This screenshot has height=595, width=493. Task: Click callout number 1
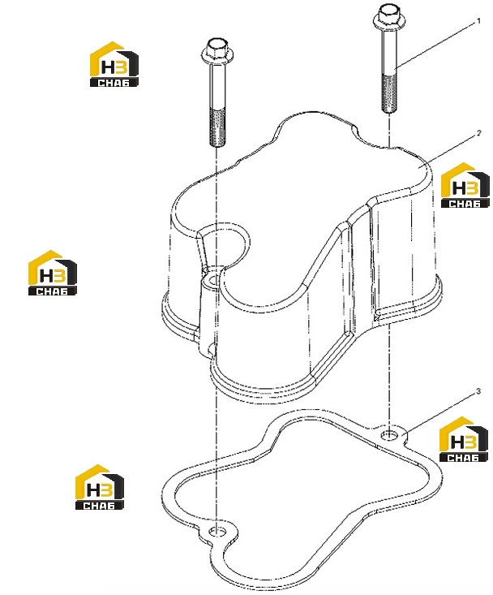(478, 21)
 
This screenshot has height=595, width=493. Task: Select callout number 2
(479, 133)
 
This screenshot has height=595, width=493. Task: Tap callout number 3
(478, 391)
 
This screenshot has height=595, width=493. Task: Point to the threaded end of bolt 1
(389, 93)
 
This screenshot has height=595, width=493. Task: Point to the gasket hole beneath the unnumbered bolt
(217, 531)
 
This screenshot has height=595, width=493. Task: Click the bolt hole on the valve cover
(212, 281)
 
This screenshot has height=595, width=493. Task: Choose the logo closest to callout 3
(464, 439)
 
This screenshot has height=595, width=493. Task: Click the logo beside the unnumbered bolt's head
(114, 64)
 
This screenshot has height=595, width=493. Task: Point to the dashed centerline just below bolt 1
(389, 130)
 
